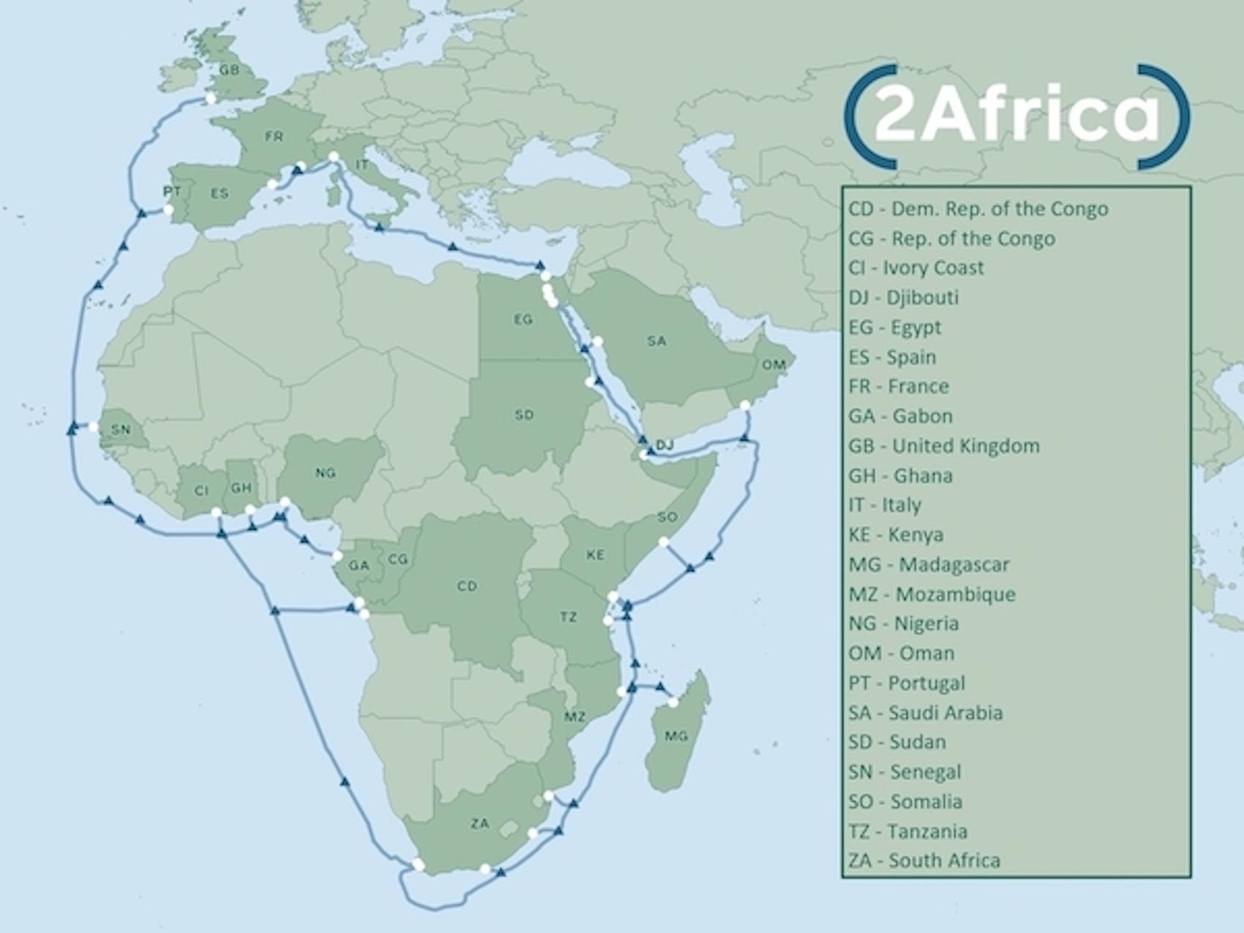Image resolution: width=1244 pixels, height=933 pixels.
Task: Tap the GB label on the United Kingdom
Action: [x=229, y=70]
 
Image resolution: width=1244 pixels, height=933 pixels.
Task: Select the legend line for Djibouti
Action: [x=903, y=298]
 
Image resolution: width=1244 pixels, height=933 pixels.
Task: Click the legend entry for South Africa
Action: [x=924, y=861]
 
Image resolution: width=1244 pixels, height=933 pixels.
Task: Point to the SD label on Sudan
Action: [x=524, y=415]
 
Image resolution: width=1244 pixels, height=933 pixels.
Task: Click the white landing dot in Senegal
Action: [x=94, y=427]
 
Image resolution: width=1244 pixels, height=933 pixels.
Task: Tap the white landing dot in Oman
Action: [x=745, y=406]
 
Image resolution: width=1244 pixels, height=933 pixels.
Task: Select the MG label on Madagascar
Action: [x=676, y=736]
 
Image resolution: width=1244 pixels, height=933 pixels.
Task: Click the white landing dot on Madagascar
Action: [x=674, y=703]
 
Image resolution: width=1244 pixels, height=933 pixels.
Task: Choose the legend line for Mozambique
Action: [x=932, y=594]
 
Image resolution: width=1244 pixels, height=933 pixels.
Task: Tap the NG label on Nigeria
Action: [x=325, y=473]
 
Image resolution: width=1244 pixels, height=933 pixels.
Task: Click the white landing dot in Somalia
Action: [x=663, y=542]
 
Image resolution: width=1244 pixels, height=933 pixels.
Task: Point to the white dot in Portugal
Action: [x=168, y=210]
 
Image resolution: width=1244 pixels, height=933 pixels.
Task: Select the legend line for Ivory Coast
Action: [x=916, y=268]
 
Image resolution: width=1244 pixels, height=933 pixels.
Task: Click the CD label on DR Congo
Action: [x=467, y=586]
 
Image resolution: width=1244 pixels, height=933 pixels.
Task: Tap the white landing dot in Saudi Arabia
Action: [x=598, y=341]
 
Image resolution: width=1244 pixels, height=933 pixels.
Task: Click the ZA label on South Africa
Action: [x=480, y=823]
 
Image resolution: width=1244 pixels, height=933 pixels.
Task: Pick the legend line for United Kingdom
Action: [x=943, y=446]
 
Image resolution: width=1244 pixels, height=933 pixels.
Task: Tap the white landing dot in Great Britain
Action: [x=211, y=98]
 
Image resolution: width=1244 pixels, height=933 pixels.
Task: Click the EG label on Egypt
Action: [x=523, y=320]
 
